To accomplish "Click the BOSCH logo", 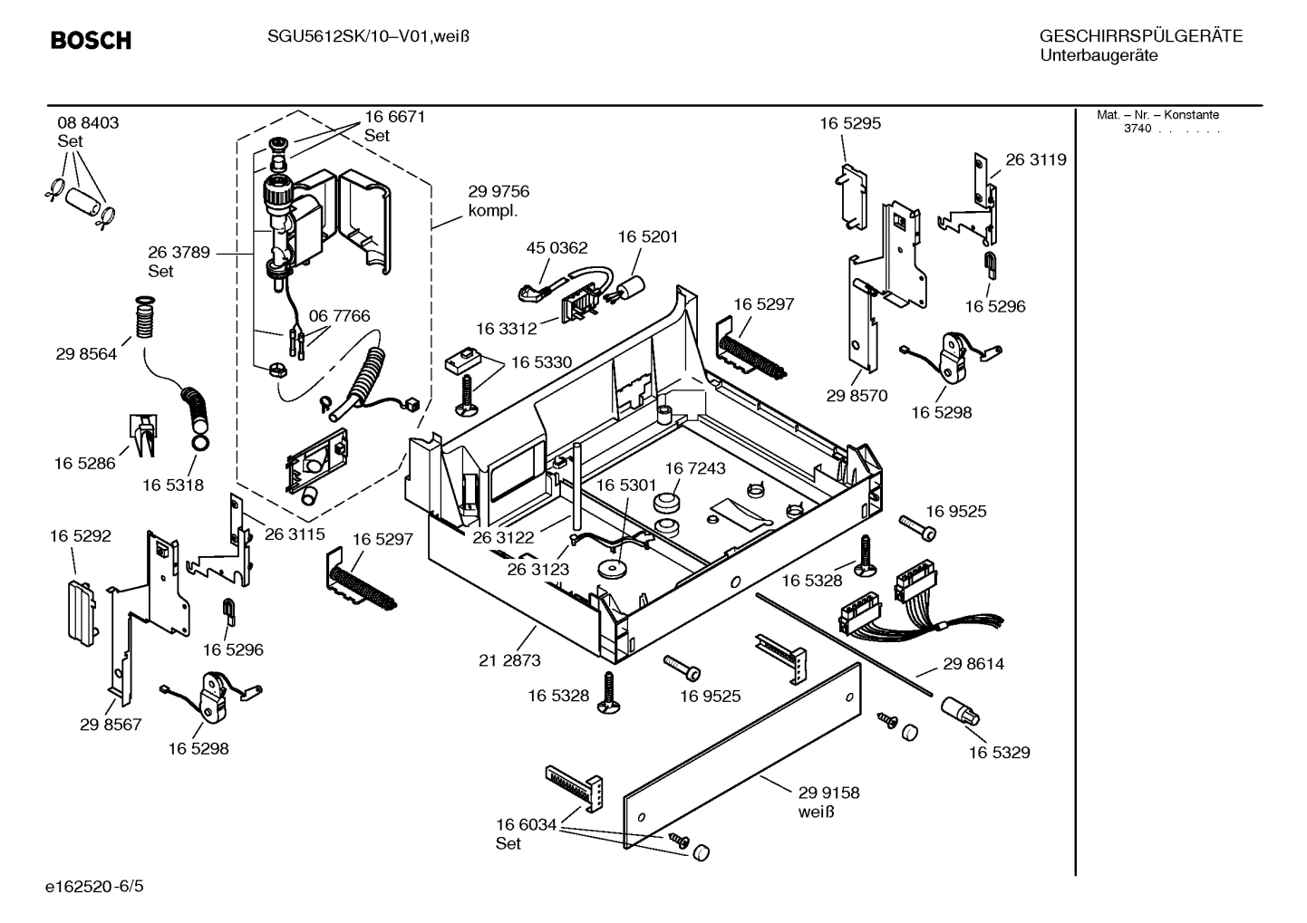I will tap(91, 41).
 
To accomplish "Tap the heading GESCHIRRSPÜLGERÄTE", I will tap(1140, 36).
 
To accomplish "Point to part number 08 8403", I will tap(88, 123).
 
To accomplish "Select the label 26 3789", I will tap(179, 253).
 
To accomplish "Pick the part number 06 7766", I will tap(339, 316).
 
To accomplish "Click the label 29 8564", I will tap(86, 354).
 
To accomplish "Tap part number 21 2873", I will tap(509, 660).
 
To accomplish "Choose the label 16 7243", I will tap(695, 468).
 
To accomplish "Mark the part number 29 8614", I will tap(973, 664).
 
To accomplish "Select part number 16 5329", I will tap(999, 753).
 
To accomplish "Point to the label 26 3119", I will tap(1036, 160).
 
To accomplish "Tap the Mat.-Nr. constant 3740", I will tap(1138, 129).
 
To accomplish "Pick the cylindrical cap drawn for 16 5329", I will tap(960, 711).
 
